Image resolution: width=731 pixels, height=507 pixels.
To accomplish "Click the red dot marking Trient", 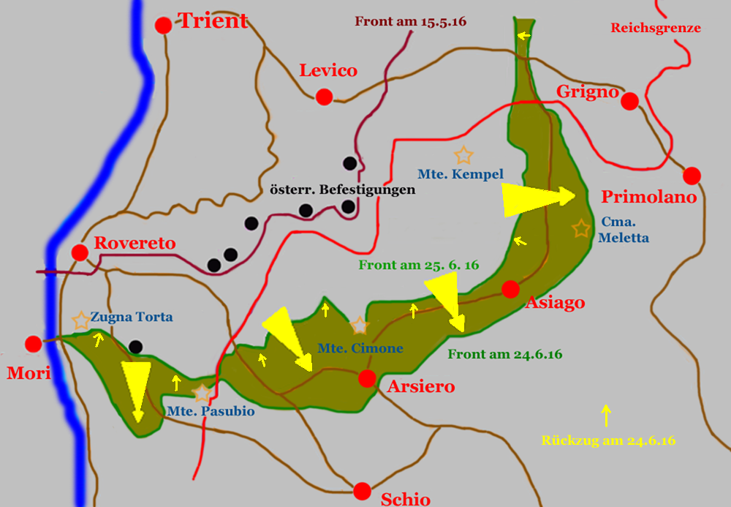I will [x=164, y=25].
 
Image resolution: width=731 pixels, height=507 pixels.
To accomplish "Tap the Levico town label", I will [x=328, y=71].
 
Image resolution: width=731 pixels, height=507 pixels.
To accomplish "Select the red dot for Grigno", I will [x=629, y=101].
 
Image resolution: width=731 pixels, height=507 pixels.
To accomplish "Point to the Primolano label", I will [x=648, y=198].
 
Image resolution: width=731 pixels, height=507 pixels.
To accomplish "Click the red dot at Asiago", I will [x=511, y=289].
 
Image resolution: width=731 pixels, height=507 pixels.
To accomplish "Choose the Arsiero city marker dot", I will [x=367, y=378].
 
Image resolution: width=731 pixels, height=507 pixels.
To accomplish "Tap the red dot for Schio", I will [x=361, y=491].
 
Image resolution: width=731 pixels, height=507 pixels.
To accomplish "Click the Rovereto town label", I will [x=135, y=244].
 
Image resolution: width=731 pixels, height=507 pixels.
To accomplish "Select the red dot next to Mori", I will [x=33, y=344].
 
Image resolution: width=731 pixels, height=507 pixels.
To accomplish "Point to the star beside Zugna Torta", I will [x=81, y=320].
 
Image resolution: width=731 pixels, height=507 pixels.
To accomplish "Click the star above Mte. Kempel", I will [x=463, y=155].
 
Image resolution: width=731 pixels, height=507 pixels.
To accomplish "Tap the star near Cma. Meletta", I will [x=581, y=228].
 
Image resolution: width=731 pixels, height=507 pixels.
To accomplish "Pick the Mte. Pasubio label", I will [x=211, y=411].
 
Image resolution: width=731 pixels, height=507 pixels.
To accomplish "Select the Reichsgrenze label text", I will [x=656, y=29].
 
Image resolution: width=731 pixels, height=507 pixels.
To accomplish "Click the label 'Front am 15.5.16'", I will [x=411, y=21].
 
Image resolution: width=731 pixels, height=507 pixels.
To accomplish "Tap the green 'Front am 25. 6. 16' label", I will [x=418, y=265].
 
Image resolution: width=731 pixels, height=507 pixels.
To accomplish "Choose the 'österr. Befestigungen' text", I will [x=342, y=189].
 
